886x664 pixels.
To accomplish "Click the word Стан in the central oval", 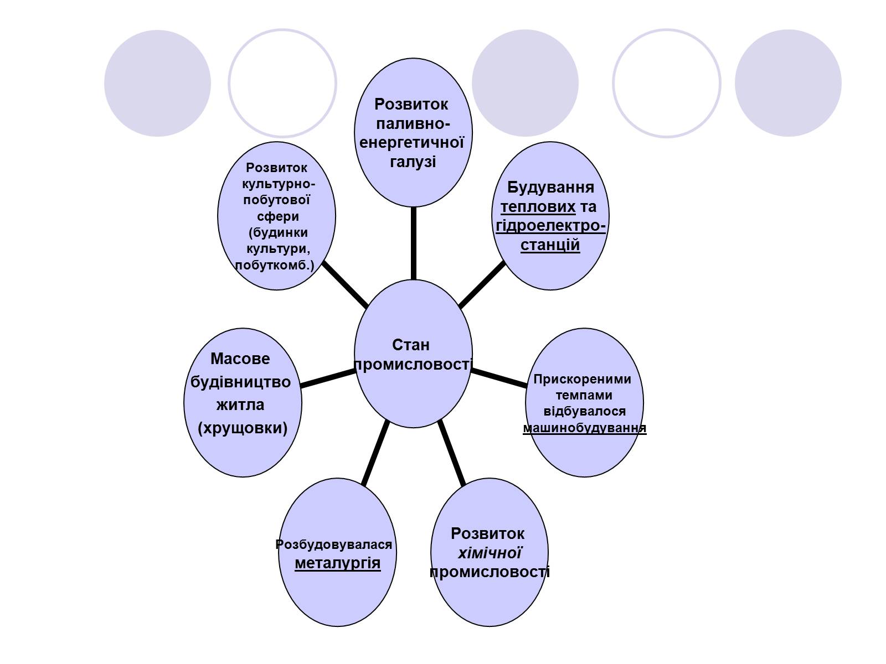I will [411, 345].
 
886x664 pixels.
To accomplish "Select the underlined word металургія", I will [337, 563].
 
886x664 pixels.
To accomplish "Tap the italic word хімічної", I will [490, 553].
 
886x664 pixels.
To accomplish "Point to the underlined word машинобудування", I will [584, 428].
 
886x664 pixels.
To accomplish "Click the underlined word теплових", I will [538, 207].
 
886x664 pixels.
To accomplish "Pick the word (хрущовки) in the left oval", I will [243, 428].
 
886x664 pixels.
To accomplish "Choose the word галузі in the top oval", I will [413, 162].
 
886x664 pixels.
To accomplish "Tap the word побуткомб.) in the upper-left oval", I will [275, 265].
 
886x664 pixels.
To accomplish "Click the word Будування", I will [550, 187].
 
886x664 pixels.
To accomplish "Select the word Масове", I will [240, 359].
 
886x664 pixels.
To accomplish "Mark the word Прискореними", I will [582, 380].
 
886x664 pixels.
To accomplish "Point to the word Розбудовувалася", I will [334, 544].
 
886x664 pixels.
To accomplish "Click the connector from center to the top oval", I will [413, 243].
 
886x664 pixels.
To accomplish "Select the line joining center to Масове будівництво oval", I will [327, 378].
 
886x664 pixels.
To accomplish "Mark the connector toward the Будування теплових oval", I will [482, 285].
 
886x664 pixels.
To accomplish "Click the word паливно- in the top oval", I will [413, 124].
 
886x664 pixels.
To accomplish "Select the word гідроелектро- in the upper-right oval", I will [550, 226].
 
